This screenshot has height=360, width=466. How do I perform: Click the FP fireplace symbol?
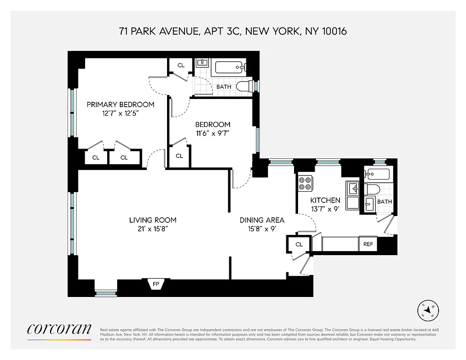pyautogui.click(x=156, y=284)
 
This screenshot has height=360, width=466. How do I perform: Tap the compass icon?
pyautogui.click(x=427, y=310)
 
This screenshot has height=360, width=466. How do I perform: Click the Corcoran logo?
pyautogui.click(x=59, y=329)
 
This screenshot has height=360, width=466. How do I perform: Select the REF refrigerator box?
pyautogui.click(x=368, y=244)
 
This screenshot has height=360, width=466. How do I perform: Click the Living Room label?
pyautogui.click(x=153, y=220)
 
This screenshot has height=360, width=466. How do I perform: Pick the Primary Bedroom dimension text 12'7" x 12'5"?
pyautogui.click(x=120, y=113)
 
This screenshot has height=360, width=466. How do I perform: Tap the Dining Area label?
pyautogui.click(x=262, y=220)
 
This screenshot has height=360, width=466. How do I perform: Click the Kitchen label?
pyautogui.click(x=325, y=200)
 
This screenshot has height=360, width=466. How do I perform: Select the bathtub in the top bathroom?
pyautogui.click(x=230, y=67)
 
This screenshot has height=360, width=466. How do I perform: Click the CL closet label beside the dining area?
pyautogui.click(x=299, y=244)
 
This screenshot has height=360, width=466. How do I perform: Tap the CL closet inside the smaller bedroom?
pyautogui.click(x=179, y=156)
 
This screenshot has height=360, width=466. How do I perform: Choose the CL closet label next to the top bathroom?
pyautogui.click(x=181, y=65)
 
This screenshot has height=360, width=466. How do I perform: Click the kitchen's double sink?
pyautogui.click(x=352, y=195)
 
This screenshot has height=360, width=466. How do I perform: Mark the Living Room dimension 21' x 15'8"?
pyautogui.click(x=153, y=229)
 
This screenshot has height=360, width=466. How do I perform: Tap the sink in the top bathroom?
pyautogui.click(x=202, y=62)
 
